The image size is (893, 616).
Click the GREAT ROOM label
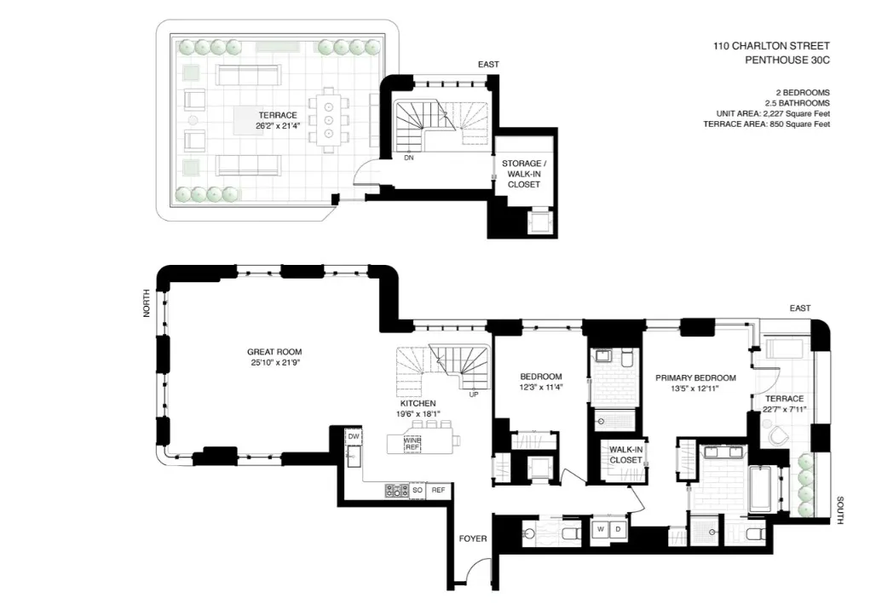[274, 351]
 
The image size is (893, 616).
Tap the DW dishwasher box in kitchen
[354, 436]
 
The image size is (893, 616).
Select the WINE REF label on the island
[412, 443]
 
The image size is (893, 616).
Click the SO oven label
[418, 490]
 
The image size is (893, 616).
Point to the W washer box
[600, 530]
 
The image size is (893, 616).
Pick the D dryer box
[618, 530]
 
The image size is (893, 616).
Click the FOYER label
[472, 538]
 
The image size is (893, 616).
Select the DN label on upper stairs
[409, 158]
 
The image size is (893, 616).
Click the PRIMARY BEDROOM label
[694, 377]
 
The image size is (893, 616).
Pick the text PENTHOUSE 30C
[786, 60]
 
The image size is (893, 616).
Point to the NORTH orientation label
[147, 303]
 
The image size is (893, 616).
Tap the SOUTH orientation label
[839, 511]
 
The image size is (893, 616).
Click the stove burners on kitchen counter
[397, 490]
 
